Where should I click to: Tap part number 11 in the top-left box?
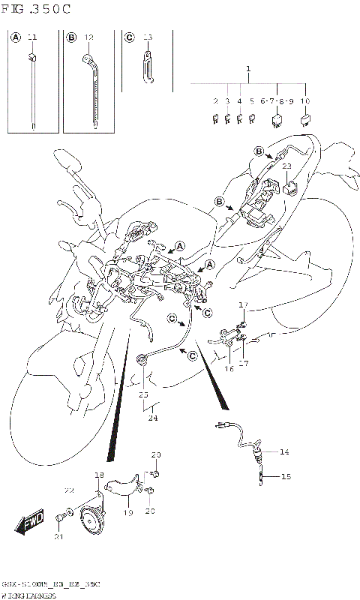click(x=31, y=37)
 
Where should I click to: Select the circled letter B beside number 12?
click(x=72, y=37)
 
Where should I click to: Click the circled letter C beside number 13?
click(x=129, y=37)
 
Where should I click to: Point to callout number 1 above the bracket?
click(x=247, y=69)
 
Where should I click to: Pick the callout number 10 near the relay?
click(x=304, y=100)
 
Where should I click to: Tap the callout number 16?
click(x=229, y=368)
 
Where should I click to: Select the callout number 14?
click(x=284, y=451)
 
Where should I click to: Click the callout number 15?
click(x=285, y=476)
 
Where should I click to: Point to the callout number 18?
click(x=99, y=475)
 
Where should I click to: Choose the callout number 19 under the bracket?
click(x=127, y=512)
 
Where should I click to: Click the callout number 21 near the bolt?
click(x=58, y=535)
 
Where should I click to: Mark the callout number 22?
click(x=70, y=490)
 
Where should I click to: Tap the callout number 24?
click(x=153, y=418)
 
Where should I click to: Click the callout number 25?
click(x=142, y=394)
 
